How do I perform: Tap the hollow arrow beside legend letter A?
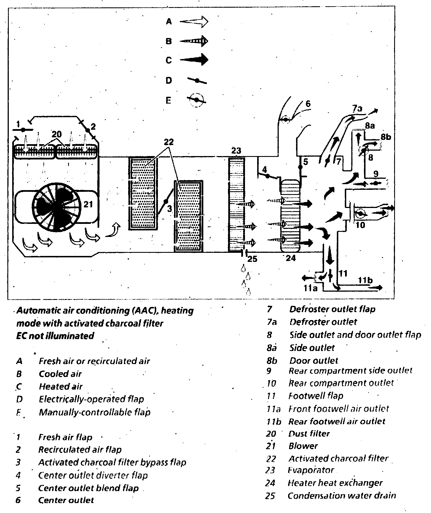coord(194,22)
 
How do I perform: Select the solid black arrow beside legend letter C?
coord(194,60)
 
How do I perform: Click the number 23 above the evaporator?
coord(236,151)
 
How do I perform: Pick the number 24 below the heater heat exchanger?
coord(291,258)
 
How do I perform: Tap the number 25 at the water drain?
coord(252,259)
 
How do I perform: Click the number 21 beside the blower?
coord(88,204)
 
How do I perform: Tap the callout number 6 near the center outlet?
coord(308,104)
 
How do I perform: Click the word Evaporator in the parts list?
coord(311,470)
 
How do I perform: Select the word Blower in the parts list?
coord(303,446)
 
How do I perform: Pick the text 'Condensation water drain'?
coord(341,495)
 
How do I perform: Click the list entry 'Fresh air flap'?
coord(65,437)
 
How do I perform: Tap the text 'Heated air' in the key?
coord(61,386)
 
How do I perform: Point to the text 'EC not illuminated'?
coord(55,336)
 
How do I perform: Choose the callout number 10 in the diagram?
coord(360,225)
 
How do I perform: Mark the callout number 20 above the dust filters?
coord(57,134)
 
